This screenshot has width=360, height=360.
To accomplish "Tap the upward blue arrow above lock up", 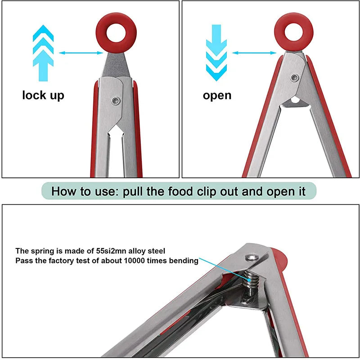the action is pyautogui.click(x=43, y=53).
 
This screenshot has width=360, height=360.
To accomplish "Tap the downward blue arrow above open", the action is pyautogui.click(x=216, y=53).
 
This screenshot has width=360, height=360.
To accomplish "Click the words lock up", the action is pyautogui.click(x=43, y=95).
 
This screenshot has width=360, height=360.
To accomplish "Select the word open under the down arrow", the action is pyautogui.click(x=217, y=95).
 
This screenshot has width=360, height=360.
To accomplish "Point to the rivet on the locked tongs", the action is pyautogui.click(x=116, y=100).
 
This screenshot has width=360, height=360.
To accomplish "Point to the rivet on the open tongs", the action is pyautogui.click(x=294, y=78).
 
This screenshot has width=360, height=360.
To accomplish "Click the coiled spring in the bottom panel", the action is pyautogui.click(x=251, y=279).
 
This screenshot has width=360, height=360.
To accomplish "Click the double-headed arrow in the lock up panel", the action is pyautogui.click(x=81, y=53).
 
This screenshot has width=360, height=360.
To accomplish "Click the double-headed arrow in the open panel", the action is pyautogui.click(x=254, y=53).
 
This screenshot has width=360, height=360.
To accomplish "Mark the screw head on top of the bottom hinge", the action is pyautogui.click(x=252, y=257).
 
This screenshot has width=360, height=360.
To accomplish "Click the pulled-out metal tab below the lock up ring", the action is pyautogui.click(x=116, y=65).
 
